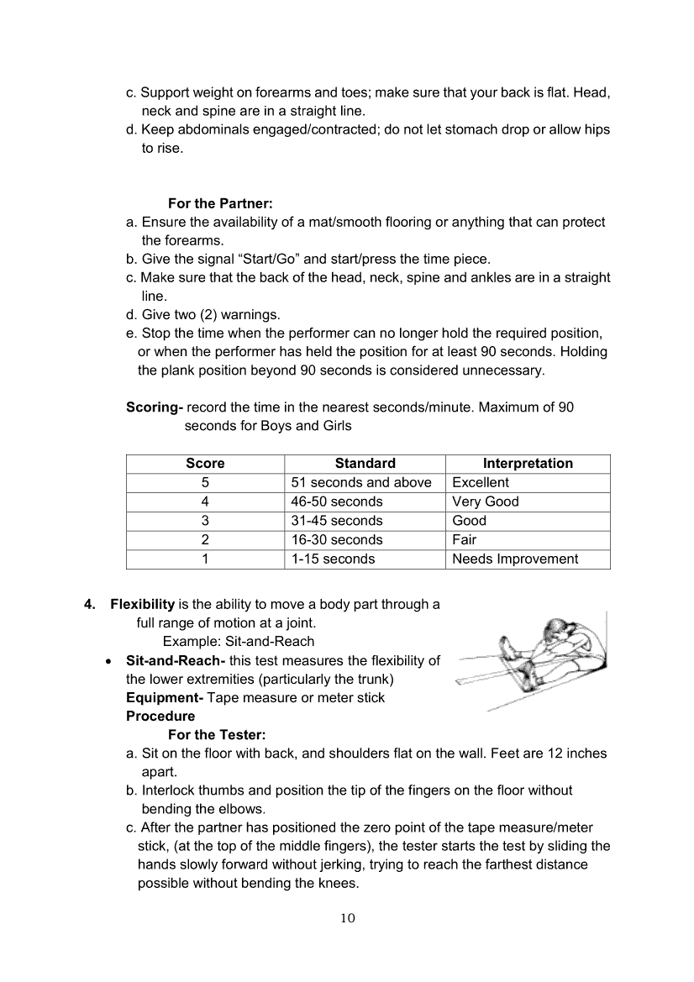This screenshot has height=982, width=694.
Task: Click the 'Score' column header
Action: pos(205,464)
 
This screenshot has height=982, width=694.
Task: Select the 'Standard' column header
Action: pos(365,464)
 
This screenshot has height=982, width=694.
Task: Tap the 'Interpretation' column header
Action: pos(528,464)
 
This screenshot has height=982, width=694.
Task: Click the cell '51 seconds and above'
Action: pos(361,483)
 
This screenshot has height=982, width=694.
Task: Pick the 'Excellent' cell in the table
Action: pos(481,483)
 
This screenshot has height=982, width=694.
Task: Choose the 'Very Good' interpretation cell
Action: pos(486,502)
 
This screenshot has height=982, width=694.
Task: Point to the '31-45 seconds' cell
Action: pos(337,521)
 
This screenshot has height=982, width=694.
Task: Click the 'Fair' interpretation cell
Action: pos(465,540)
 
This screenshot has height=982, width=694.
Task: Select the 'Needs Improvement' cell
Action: pos(515,559)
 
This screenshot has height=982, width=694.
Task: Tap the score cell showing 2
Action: pos(205,540)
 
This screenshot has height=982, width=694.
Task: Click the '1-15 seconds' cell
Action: pos(334,559)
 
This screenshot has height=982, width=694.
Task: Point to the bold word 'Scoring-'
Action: pos(155,407)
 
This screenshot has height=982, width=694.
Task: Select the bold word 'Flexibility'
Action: pos(143,605)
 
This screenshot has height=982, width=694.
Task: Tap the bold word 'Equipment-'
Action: pos(165,698)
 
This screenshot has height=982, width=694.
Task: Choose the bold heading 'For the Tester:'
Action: pos(217,735)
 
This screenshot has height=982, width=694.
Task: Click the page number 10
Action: pos(348,918)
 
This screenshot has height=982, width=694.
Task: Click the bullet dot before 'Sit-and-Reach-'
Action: pos(109,662)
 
